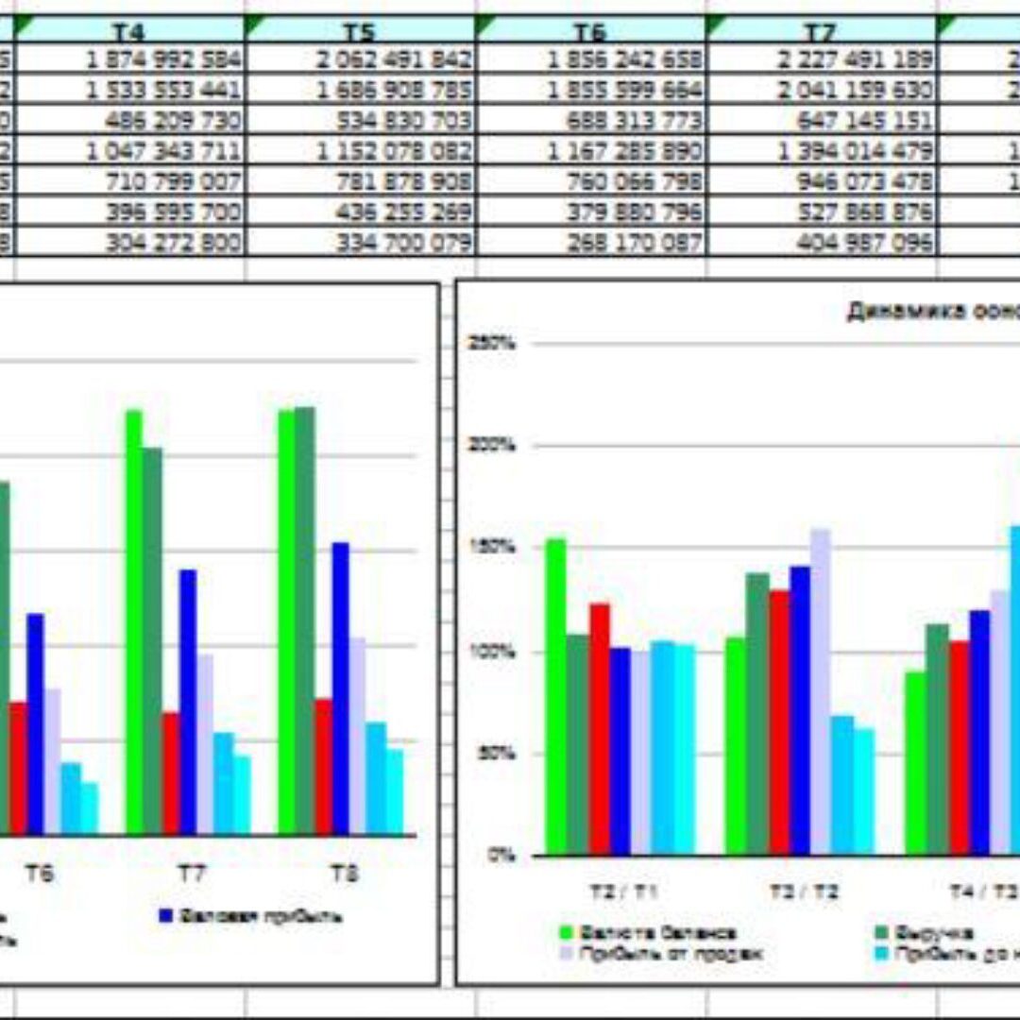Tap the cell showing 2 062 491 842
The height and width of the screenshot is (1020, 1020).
[x=395, y=60]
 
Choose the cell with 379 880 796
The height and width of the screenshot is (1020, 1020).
[x=635, y=212]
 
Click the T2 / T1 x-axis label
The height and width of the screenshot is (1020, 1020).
[x=621, y=892]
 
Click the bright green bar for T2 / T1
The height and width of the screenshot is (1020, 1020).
[x=555, y=697]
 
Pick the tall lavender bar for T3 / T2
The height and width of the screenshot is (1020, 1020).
[x=820, y=691]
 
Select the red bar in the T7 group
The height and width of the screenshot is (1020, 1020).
[x=171, y=773]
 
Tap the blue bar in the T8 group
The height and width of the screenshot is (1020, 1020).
[x=340, y=688]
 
